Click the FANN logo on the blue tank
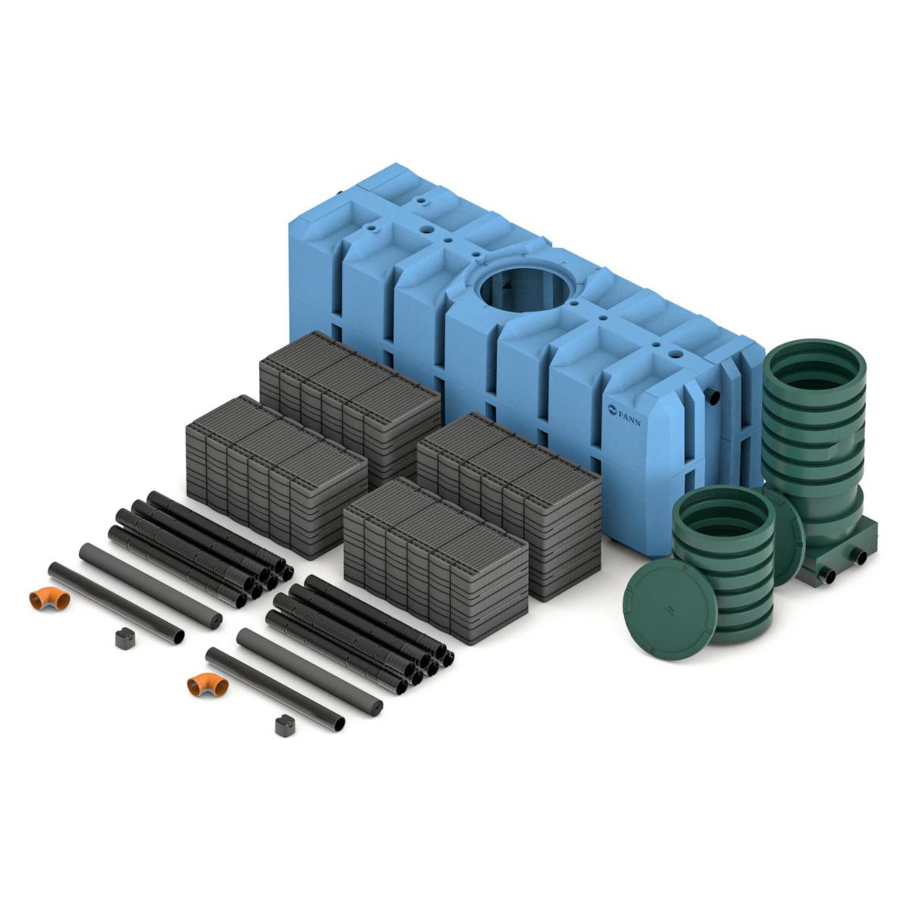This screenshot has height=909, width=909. (623, 414)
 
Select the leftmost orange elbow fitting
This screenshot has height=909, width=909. (49, 598)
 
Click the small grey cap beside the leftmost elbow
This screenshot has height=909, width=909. (125, 638)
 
